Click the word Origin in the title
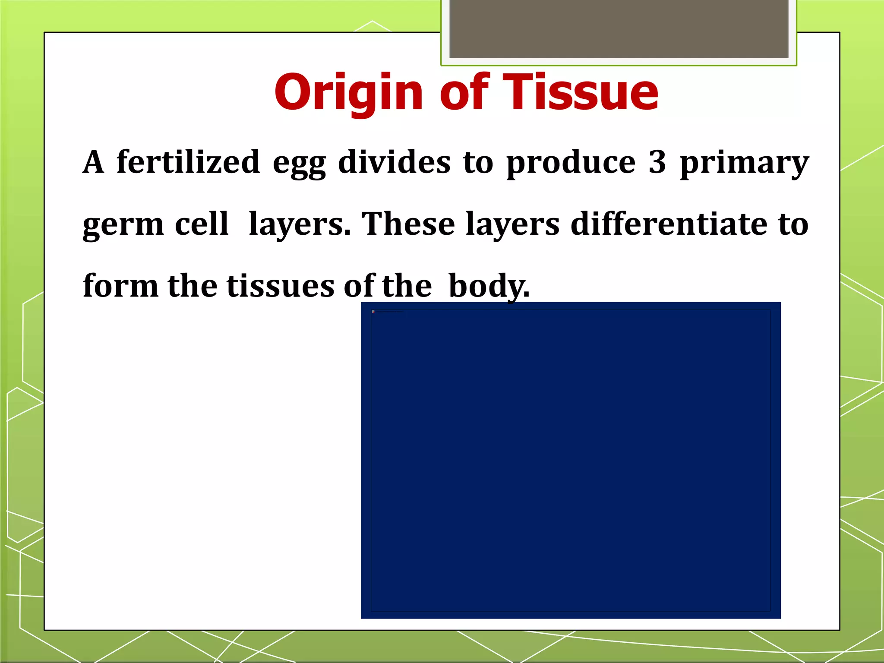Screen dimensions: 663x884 (x=349, y=92)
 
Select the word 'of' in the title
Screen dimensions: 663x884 (x=464, y=92)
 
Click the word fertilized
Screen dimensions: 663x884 (x=188, y=162)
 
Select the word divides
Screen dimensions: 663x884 (x=394, y=162)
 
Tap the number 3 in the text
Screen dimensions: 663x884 (x=657, y=162)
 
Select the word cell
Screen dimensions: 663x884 (x=202, y=224)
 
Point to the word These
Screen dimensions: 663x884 (x=408, y=224)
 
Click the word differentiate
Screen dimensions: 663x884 (x=669, y=224)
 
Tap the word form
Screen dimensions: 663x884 (x=120, y=286)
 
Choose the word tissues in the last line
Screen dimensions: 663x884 (x=281, y=286)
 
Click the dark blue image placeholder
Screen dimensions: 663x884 (x=571, y=460)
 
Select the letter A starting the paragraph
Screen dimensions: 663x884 (x=94, y=162)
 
